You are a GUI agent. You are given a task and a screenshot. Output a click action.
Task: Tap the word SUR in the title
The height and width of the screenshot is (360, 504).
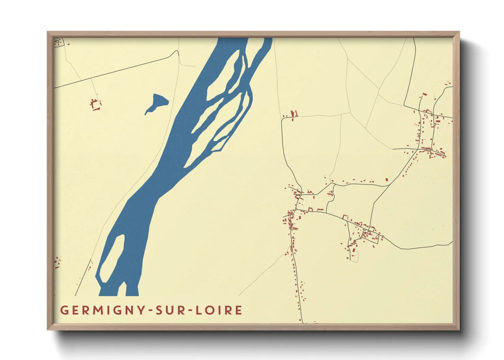(x=170, y=310)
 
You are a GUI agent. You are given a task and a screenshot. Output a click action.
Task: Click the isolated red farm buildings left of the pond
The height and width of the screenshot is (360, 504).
(x=96, y=104)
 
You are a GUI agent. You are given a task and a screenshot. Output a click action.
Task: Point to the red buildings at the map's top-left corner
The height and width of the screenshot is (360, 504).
(x=59, y=42)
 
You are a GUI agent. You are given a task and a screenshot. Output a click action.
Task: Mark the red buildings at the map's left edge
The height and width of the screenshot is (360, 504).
(x=57, y=263)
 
